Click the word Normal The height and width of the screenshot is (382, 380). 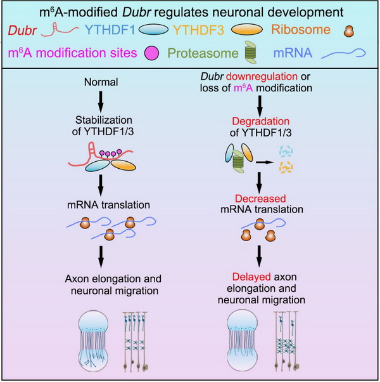coord(96,82)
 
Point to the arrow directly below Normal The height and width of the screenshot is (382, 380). coord(96,101)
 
